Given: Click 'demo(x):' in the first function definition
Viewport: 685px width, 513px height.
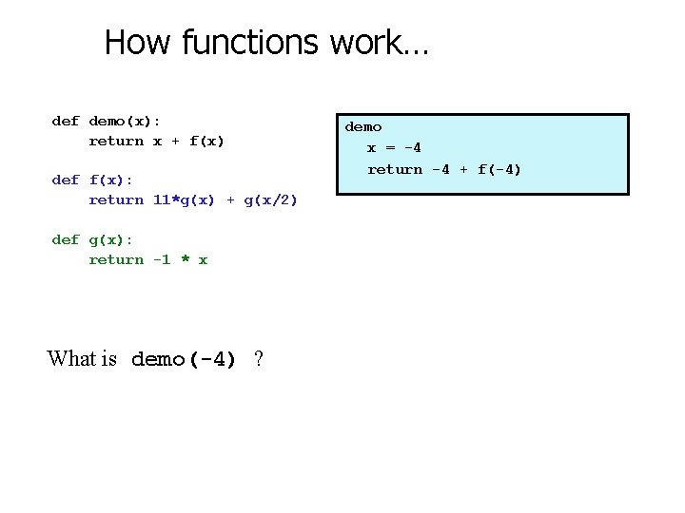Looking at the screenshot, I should tap(125, 122).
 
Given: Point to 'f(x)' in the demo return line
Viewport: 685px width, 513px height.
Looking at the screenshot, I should tap(206, 142).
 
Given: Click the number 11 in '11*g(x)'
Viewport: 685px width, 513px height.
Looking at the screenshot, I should tap(162, 199).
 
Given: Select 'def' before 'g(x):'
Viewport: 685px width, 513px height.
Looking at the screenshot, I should tap(65, 240).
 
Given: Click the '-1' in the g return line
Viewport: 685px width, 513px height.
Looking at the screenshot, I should tap(162, 260).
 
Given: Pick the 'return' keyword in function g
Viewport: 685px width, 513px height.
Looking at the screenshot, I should tap(116, 260).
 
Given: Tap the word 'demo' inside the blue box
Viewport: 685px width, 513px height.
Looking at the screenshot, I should tap(362, 127).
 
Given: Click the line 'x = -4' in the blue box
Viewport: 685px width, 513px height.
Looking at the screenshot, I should tap(394, 148).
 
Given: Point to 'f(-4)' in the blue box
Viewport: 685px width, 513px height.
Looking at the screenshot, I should tap(499, 170).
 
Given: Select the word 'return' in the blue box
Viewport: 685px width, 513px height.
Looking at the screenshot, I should tap(395, 170).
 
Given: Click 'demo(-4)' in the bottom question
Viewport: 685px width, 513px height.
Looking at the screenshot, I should tap(184, 360).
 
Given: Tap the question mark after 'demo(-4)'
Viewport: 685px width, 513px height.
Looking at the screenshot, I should tap(259, 359).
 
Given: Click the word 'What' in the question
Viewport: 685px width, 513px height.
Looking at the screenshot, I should tap(72, 359).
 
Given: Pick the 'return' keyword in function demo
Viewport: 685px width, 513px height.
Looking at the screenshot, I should tap(116, 142).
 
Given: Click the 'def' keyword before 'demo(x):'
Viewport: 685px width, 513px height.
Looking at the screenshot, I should tap(65, 122).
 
